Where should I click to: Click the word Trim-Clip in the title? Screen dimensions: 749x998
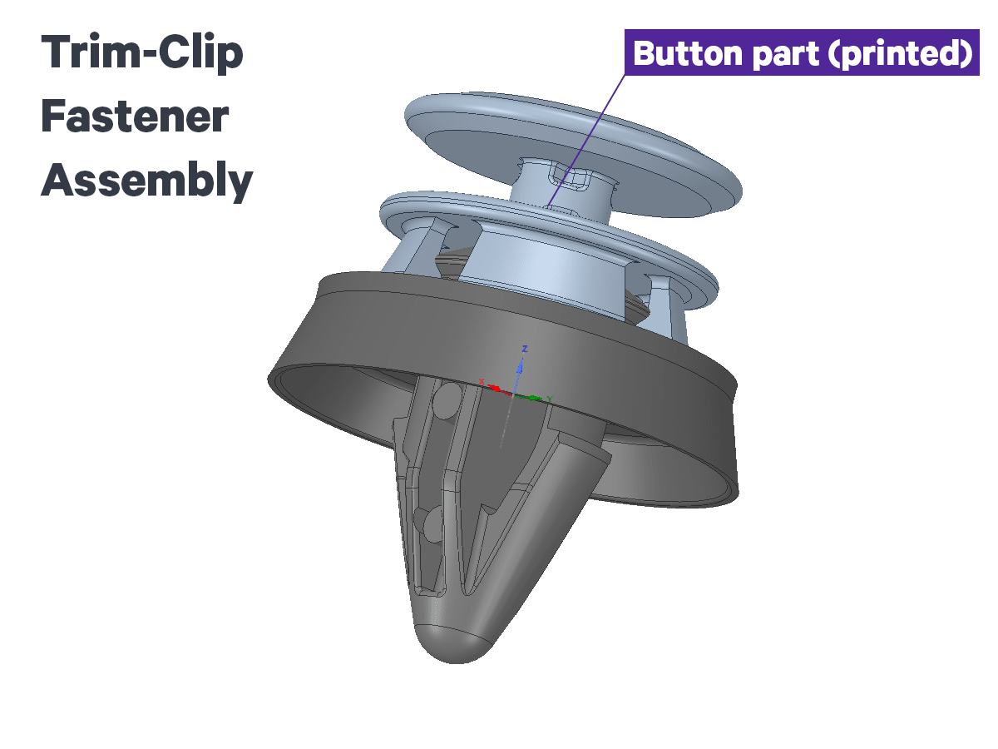pos(142,53)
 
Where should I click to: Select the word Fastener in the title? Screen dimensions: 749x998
pos(135,117)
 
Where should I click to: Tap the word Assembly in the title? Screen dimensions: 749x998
pos(147,181)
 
